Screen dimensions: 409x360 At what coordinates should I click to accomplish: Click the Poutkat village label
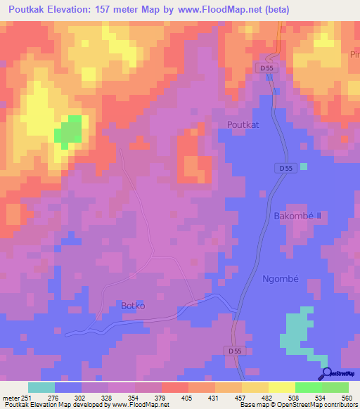(243, 124)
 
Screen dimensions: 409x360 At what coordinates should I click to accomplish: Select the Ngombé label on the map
(281, 278)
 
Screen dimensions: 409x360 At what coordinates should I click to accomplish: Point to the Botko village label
(133, 305)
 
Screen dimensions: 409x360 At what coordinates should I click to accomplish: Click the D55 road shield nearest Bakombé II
(284, 169)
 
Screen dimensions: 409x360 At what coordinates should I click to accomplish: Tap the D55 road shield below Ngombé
(237, 350)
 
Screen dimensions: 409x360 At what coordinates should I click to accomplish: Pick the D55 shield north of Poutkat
(264, 68)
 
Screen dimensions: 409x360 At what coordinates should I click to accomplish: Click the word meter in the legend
(11, 397)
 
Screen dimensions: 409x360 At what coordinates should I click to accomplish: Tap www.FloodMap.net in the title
(218, 11)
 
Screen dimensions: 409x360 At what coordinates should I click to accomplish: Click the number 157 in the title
(114, 11)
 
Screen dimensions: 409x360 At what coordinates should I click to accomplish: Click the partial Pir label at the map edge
(354, 55)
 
